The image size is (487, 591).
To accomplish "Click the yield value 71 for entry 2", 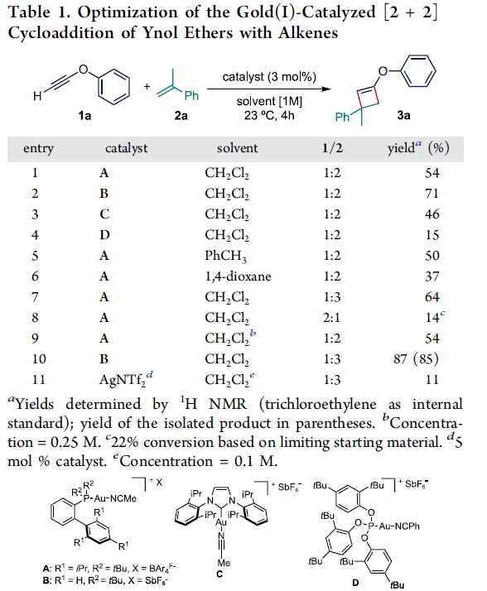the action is pyautogui.click(x=432, y=194).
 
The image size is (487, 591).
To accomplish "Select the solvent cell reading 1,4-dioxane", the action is pyautogui.click(x=238, y=276).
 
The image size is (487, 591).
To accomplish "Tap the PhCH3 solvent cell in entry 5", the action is pyautogui.click(x=225, y=257).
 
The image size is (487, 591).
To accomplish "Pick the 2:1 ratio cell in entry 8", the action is pyautogui.click(x=331, y=318).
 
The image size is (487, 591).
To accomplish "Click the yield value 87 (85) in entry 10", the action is pyautogui.click(x=416, y=359).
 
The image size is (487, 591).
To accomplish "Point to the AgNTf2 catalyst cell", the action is pyautogui.click(x=126, y=379).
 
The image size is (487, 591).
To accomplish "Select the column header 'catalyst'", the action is pyautogui.click(x=127, y=148).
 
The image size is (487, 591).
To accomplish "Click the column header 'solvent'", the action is pyautogui.click(x=237, y=148).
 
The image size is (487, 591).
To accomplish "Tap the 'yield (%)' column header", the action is pyautogui.click(x=418, y=147).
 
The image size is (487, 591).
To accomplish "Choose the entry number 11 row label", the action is pyautogui.click(x=38, y=379).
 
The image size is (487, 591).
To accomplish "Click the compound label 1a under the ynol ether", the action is pyautogui.click(x=84, y=115).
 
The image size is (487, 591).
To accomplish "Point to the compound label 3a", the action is pyautogui.click(x=403, y=114).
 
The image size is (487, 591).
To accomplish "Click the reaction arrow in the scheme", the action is pyautogui.click(x=269, y=89).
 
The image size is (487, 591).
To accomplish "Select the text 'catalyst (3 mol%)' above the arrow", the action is pyautogui.click(x=269, y=77).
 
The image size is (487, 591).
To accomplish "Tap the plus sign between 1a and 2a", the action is pyautogui.click(x=147, y=86).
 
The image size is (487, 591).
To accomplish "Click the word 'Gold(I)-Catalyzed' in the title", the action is pyautogui.click(x=306, y=12).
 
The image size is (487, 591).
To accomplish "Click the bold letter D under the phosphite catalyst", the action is pyautogui.click(x=355, y=583).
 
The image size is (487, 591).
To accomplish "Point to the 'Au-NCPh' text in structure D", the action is pyautogui.click(x=398, y=526).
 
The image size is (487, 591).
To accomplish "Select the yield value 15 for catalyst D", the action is pyautogui.click(x=432, y=235).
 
